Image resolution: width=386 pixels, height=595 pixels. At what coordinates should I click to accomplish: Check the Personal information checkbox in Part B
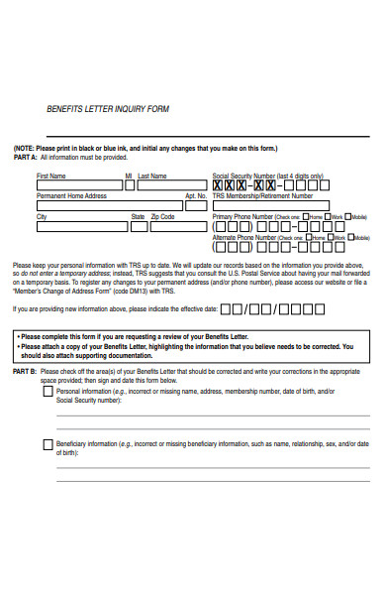pos(48,391)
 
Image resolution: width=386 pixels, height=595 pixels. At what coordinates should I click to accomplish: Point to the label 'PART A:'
pos(25,157)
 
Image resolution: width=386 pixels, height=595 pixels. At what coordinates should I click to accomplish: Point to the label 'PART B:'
pos(25,370)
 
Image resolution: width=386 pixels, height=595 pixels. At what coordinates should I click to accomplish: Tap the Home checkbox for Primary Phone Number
pos(306,216)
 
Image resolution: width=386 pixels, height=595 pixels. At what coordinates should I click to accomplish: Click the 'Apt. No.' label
pos(195,195)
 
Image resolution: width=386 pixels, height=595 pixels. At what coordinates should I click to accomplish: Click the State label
pos(138,216)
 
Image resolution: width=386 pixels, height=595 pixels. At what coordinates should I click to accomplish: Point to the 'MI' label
pos(128,176)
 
